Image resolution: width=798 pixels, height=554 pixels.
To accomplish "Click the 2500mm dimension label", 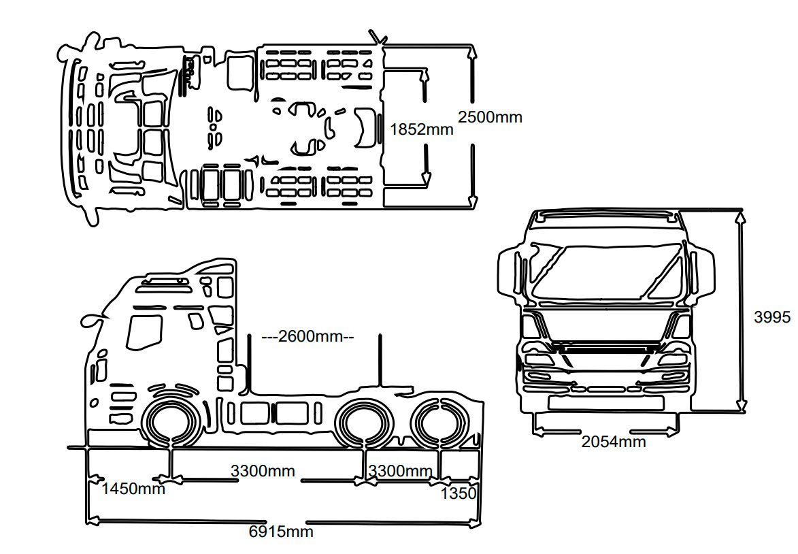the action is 490,117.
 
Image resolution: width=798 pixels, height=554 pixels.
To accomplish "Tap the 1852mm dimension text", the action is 421,129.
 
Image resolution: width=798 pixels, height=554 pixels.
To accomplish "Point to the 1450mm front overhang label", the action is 133,489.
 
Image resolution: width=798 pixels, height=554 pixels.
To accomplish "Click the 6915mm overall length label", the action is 281,532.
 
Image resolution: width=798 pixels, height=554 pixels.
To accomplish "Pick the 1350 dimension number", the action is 459,493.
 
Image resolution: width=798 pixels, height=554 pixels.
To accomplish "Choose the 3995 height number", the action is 772,317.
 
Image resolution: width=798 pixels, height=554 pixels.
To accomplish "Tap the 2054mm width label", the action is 614,442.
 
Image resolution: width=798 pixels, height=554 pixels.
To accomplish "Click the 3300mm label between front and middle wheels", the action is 263,470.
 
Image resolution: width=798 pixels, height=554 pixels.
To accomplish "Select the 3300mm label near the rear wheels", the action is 400,470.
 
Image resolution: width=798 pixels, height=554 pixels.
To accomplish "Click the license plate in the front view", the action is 605,403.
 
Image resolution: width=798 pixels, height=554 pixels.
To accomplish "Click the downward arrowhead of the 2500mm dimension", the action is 473,201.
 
